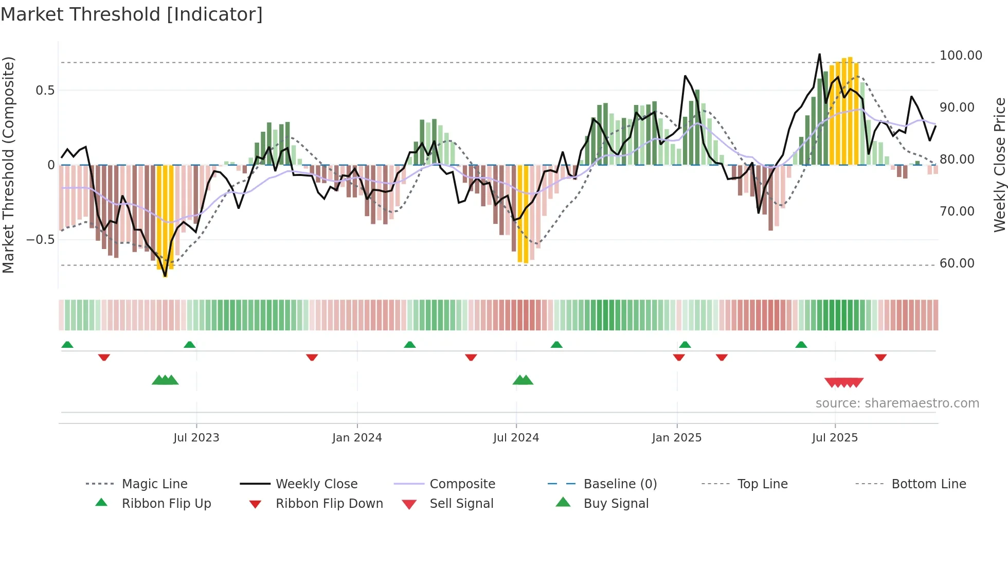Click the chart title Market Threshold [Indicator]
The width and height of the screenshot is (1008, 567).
pos(132,14)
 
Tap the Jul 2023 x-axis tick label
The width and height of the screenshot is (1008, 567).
pos(196,438)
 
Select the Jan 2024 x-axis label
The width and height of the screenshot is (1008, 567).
pos(357,438)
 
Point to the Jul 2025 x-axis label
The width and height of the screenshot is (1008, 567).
pos(835,438)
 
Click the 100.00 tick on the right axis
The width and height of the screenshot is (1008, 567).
pos(961,56)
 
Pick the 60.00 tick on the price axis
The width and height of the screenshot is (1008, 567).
pos(957,263)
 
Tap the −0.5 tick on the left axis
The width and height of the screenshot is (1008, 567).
pos(40,240)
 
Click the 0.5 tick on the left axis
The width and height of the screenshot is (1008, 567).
pos(45,91)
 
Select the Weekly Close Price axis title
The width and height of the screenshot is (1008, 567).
pos(999,165)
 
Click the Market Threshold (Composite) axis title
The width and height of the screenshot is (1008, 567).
pos(8,165)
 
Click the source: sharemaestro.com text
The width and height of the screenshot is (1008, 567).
pos(897,403)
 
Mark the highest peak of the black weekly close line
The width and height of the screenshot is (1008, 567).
pos(819,54)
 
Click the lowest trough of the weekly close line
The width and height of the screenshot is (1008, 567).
pos(165,276)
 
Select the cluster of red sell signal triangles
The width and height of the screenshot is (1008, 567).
pos(843,382)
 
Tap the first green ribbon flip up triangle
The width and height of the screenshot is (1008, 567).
pos(67,345)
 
